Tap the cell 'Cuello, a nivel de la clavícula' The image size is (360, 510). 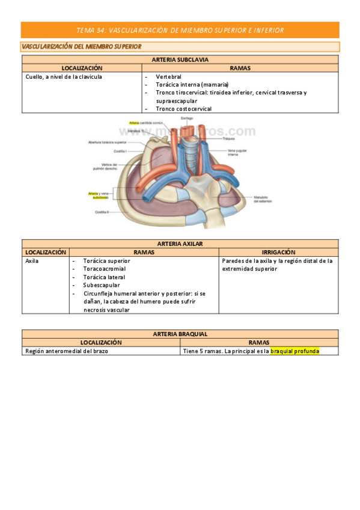tap(64, 77)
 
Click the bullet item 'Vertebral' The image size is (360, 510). tap(168, 77)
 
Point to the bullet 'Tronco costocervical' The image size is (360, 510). tap(183, 109)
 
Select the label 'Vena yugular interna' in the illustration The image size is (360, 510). tap(236, 152)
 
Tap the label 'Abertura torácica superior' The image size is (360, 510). tap(108, 143)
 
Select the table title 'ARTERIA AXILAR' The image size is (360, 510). tap(180, 244)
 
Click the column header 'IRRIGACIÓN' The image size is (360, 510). tap(278, 252)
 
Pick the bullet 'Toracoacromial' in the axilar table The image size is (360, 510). tap(105, 269)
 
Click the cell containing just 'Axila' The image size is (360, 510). tap(32, 261)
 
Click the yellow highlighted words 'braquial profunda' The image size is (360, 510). tap(294, 351)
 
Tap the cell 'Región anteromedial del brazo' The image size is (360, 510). tap(67, 351)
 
